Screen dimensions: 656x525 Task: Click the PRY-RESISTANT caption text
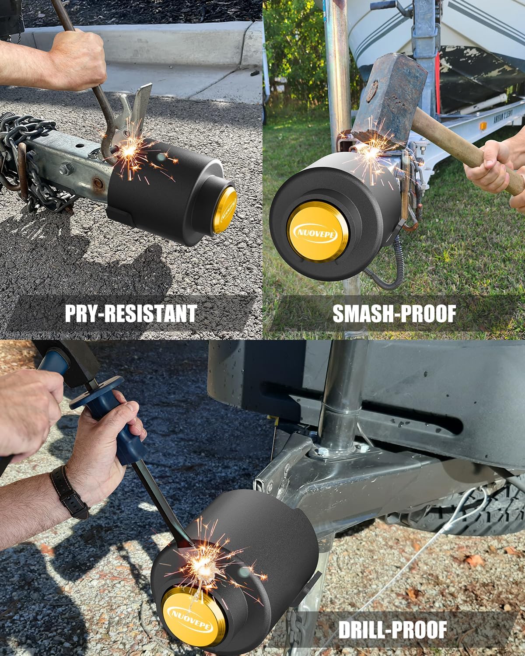(130, 313)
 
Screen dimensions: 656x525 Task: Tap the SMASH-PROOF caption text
(394, 313)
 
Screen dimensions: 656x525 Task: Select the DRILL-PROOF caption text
(392, 630)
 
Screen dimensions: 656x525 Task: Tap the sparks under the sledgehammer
(372, 153)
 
